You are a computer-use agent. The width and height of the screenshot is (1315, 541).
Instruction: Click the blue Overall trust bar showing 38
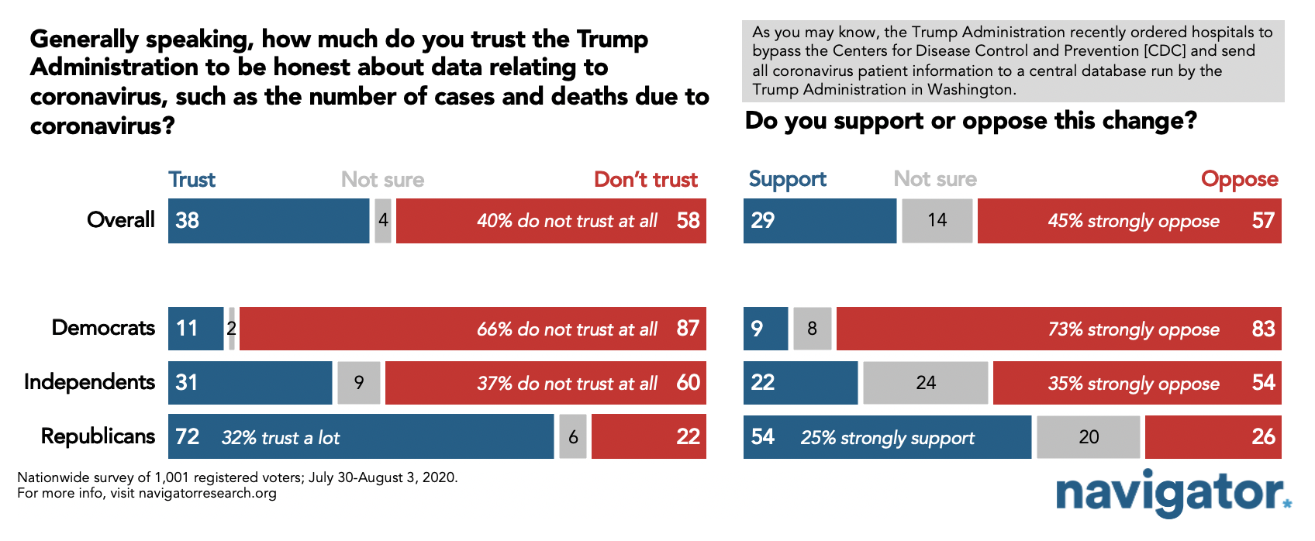269,221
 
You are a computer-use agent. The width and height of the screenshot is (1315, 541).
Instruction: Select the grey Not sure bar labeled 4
383,221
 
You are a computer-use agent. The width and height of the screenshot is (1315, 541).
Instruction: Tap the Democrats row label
103,328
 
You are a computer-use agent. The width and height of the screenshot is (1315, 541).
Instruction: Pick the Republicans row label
98,436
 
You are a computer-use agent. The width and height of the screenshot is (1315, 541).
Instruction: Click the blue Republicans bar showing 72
361,436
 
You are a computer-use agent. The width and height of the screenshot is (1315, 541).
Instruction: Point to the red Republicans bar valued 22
649,436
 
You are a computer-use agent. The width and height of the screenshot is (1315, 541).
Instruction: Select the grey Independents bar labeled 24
926,383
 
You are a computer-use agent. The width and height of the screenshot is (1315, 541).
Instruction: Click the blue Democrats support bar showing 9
765,329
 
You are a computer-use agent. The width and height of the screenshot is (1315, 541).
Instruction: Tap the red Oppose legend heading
1240,180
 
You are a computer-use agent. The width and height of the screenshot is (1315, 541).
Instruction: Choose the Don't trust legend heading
646,180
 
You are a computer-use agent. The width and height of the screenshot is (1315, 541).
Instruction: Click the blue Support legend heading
787,180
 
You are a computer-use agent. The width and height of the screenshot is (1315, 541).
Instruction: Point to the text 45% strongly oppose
1134,221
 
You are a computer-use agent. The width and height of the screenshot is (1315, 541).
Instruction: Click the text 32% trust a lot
281,438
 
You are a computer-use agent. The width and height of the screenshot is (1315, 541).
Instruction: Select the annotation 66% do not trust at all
567,329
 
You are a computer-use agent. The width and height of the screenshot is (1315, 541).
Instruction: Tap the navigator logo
1174,494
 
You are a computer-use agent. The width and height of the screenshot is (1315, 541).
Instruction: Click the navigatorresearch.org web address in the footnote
207,493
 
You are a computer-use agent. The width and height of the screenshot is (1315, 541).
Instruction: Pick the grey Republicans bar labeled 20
1089,437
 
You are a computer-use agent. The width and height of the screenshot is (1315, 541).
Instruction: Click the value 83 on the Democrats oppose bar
1263,329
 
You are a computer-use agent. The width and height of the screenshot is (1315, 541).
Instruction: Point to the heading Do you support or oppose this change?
971,122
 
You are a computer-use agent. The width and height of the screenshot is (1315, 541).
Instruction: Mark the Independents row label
89,382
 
